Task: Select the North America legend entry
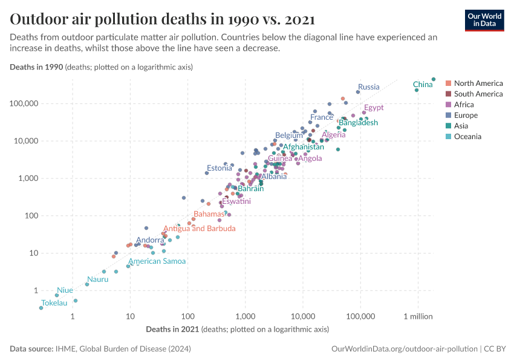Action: pyautogui.click(x=478, y=83)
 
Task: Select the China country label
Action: pyautogui.click(x=423, y=85)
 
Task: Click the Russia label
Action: pyautogui.click(x=368, y=87)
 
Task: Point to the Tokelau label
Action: pyautogui.click(x=54, y=302)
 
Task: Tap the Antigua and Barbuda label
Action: pyautogui.click(x=199, y=229)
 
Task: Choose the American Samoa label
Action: pyautogui.click(x=157, y=261)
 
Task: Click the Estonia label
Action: pyautogui.click(x=219, y=168)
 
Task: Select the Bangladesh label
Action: pyautogui.click(x=358, y=123)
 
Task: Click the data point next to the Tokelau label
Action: pyautogui.click(x=41, y=308)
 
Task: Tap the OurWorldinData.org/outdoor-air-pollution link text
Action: pyautogui.click(x=405, y=349)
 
